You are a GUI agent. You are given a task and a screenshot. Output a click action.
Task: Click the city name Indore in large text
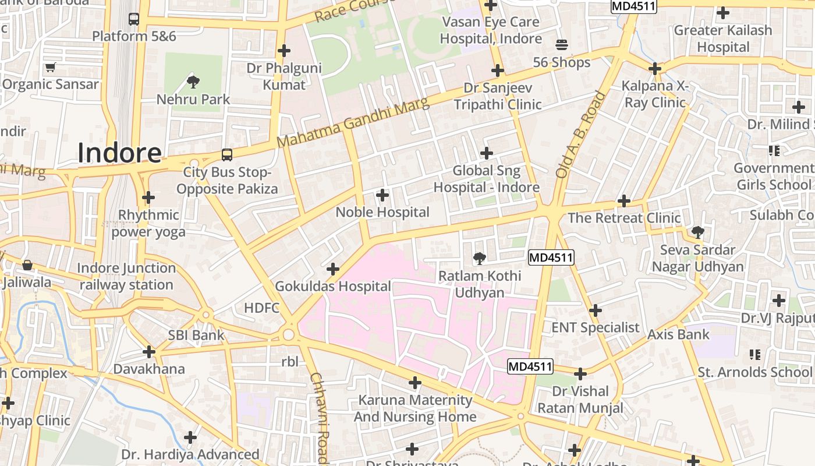(x=119, y=153)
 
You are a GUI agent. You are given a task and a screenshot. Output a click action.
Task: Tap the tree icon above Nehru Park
(x=193, y=82)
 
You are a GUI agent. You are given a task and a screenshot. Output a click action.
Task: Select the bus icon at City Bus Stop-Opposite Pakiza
(x=227, y=155)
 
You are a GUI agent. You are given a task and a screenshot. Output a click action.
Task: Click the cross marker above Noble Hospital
(x=382, y=195)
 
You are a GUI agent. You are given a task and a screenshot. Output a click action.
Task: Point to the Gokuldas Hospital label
(x=332, y=287)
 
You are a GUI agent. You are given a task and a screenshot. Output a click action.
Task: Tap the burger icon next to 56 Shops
(x=562, y=45)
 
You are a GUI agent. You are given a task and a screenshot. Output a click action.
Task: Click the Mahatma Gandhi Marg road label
(x=353, y=123)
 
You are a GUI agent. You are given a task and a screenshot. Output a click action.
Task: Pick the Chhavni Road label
(x=320, y=418)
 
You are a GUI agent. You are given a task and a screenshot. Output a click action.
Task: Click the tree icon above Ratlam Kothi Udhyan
(x=479, y=257)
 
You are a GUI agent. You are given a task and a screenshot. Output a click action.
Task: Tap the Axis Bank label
(x=678, y=334)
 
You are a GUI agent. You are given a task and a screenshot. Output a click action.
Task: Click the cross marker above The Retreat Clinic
(x=624, y=201)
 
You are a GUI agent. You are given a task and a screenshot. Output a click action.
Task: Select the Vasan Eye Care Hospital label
(x=491, y=30)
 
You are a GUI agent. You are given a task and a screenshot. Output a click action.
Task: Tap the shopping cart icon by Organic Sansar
(x=50, y=67)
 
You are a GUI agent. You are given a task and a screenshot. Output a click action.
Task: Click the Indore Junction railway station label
(x=126, y=277)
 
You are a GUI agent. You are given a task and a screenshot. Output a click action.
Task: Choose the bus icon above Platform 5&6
(x=134, y=19)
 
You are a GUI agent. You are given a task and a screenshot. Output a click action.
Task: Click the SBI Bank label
(x=196, y=336)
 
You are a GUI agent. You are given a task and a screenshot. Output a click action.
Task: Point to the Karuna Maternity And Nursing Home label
(x=415, y=408)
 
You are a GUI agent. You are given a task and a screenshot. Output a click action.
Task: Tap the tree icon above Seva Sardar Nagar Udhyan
(x=697, y=232)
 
